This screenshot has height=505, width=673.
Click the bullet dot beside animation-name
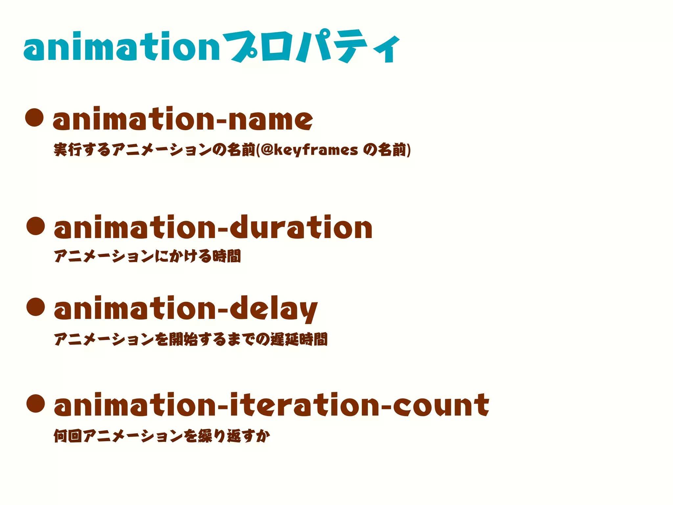(x=35, y=117)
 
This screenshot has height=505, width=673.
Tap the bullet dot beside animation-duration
(x=35, y=226)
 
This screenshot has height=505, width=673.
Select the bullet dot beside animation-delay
(x=35, y=307)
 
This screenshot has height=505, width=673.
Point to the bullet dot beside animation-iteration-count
(x=35, y=403)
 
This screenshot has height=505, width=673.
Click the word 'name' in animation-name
(x=270, y=120)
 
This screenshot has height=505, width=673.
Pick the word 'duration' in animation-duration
(x=301, y=228)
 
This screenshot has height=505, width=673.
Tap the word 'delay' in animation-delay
(x=273, y=309)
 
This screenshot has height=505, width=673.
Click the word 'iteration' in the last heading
(x=304, y=405)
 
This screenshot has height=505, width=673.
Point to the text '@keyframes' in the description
(x=310, y=150)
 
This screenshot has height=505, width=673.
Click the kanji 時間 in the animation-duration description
(x=227, y=256)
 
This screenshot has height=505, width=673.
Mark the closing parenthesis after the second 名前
(x=408, y=150)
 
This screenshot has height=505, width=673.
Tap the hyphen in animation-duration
(x=222, y=229)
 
